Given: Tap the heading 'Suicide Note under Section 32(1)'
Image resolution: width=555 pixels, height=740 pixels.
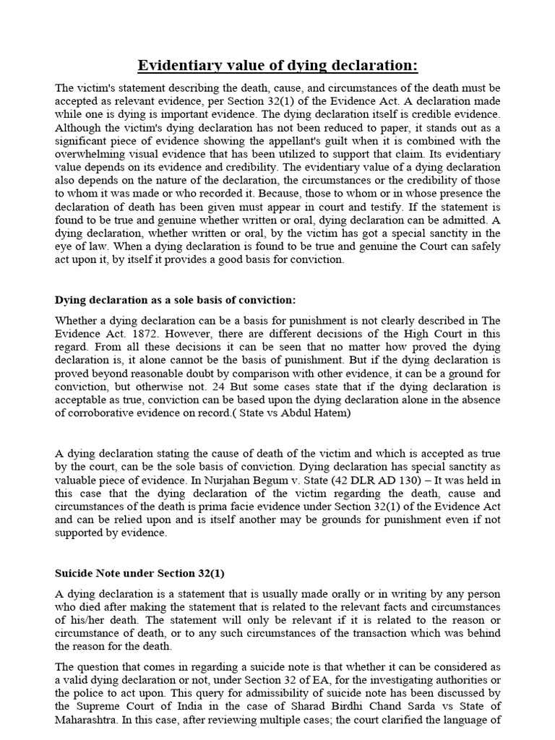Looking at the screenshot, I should click(x=140, y=573).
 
